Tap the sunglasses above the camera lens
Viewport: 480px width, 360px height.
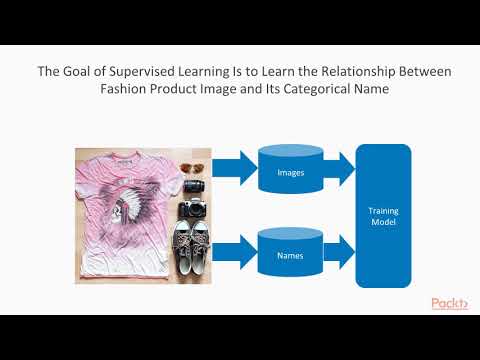click(190, 169)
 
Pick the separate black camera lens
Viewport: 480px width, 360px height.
click(193, 185)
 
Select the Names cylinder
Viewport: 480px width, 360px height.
click(283, 255)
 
